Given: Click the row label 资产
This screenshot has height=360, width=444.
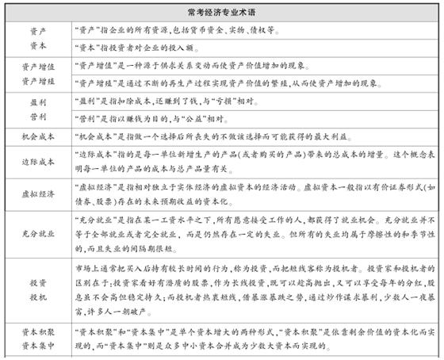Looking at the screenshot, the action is tap(36, 33).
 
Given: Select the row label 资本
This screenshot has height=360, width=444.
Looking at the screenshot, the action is tap(36, 46).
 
